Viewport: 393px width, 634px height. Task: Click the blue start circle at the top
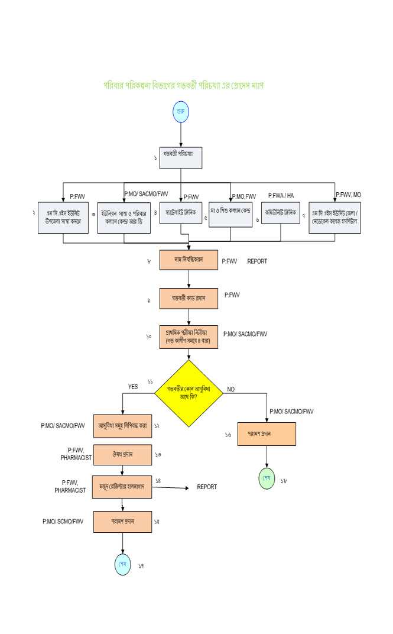[181, 112]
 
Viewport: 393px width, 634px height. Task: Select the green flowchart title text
[183, 85]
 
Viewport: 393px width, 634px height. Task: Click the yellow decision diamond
[189, 393]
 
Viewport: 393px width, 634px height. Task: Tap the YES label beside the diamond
[133, 386]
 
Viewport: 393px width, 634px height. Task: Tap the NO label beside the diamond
[231, 390]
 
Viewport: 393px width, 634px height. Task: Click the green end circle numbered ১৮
[267, 478]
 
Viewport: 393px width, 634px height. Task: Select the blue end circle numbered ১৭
[123, 564]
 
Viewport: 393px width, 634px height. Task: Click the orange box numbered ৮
[189, 259]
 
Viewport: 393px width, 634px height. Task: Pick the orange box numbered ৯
[189, 299]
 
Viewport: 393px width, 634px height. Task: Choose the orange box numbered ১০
[189, 336]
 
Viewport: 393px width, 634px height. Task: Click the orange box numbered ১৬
[267, 434]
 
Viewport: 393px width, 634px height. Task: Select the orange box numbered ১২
[122, 425]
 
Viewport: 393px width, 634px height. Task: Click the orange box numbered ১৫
[122, 522]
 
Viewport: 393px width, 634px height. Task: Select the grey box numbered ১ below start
[181, 158]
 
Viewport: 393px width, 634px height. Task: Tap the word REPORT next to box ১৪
[207, 487]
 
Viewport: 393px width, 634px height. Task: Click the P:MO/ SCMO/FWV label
[63, 522]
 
